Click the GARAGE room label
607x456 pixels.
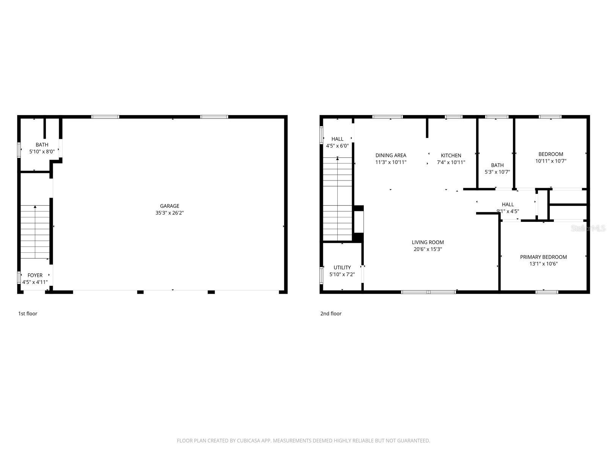pyautogui.click(x=169, y=206)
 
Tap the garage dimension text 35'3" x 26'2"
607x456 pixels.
pyautogui.click(x=169, y=213)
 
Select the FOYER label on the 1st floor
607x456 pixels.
pyautogui.click(x=35, y=275)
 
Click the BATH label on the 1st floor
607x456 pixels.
pyautogui.click(x=42, y=144)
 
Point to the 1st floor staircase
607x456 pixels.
pyautogui.click(x=35, y=232)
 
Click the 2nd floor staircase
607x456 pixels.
pyautogui.click(x=337, y=199)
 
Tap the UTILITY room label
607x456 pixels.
pyautogui.click(x=342, y=267)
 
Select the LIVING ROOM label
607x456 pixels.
pyautogui.click(x=428, y=242)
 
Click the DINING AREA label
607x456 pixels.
pyautogui.click(x=391, y=155)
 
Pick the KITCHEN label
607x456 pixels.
pyautogui.click(x=451, y=155)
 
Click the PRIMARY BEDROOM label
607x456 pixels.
pyautogui.click(x=543, y=257)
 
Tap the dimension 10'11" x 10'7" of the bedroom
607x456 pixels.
pyautogui.click(x=550, y=161)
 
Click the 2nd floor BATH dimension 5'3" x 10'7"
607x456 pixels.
pyautogui.click(x=497, y=172)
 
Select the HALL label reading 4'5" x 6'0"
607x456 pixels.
pyautogui.click(x=337, y=139)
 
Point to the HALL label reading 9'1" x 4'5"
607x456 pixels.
pyautogui.click(x=508, y=204)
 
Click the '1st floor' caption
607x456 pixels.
pyautogui.click(x=28, y=313)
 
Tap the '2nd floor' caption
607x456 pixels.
pyautogui.click(x=331, y=313)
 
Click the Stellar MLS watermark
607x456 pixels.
pyautogui.click(x=588, y=228)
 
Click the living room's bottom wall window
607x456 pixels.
pyautogui.click(x=429, y=292)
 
